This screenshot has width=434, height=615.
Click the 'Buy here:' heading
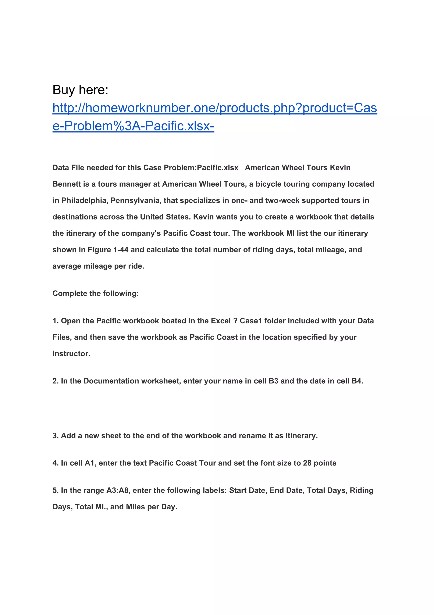[80, 90]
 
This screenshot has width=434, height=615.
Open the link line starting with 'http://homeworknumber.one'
[215, 108]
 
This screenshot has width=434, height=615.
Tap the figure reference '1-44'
[121, 250]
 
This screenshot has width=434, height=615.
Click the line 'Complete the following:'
[96, 293]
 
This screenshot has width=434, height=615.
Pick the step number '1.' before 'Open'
[56, 321]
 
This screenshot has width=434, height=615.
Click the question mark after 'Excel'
[235, 321]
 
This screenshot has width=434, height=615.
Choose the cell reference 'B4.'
[357, 381]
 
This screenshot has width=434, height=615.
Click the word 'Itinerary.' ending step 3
[302, 436]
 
